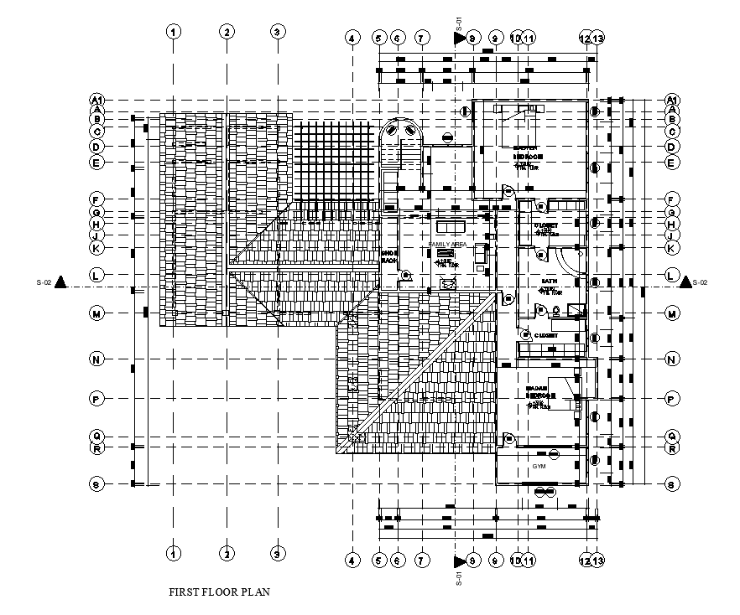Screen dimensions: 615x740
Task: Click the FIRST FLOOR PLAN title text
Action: pos(220,592)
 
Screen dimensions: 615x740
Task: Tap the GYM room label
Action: pos(539,465)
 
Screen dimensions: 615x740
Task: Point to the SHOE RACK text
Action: pos(388,256)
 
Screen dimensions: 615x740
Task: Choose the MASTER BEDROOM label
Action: pos(529,152)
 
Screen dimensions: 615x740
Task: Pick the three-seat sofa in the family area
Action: pos(450,226)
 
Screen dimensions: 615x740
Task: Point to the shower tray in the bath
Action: pos(575,311)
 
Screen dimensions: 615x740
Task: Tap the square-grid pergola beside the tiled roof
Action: pos(336,163)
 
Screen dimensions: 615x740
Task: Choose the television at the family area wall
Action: pos(480,253)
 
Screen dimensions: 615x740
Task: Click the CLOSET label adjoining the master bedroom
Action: pos(546,226)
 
